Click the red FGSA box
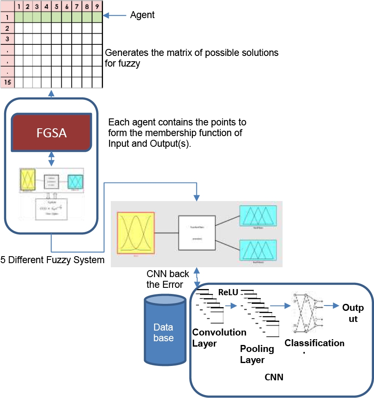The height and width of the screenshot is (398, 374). coord(51,133)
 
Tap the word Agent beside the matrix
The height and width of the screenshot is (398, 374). coord(142,15)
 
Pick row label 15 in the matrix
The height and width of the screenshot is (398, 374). coord(7,83)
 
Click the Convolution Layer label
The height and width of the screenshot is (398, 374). coord(219,337)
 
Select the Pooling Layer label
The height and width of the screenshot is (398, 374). coord(257,354)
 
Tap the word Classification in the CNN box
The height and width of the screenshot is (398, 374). coord(314,343)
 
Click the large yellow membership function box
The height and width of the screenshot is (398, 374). coord(136,234)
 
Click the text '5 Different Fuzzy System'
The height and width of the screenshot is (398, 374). coord(52,260)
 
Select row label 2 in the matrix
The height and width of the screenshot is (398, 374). coord(7,28)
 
